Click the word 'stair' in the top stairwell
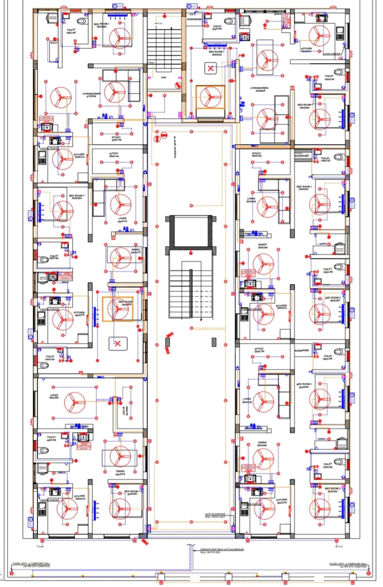(164, 77)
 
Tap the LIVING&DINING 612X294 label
(92, 94)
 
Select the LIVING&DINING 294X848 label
(259, 89)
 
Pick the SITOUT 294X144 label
(114, 155)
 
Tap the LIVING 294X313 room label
(122, 220)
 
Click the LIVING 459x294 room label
(54, 396)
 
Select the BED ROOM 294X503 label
(125, 303)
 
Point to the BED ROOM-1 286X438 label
(216, 53)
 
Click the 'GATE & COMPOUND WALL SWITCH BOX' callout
(215, 516)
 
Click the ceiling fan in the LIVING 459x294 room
(74, 402)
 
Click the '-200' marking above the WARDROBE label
(191, 14)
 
